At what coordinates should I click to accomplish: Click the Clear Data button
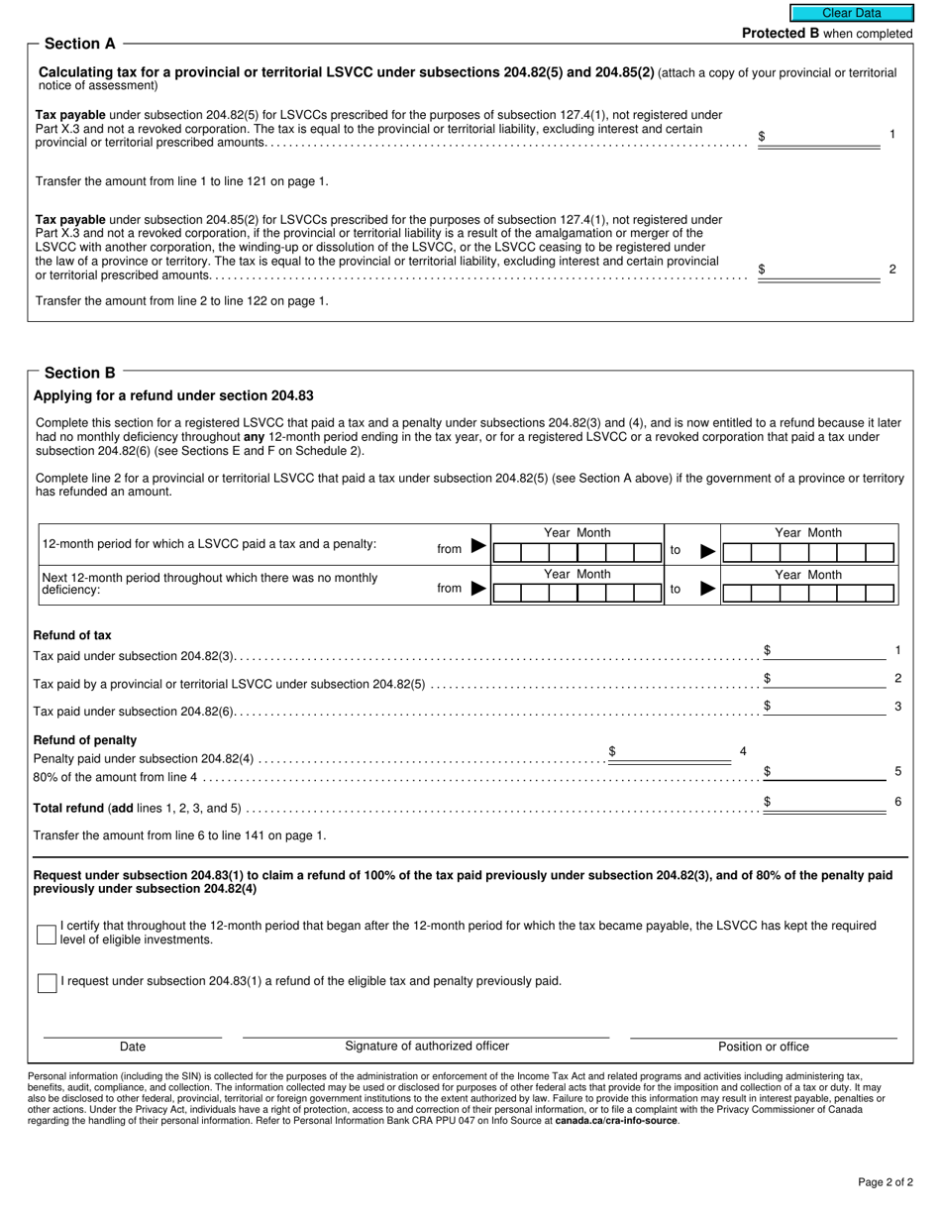point(851,13)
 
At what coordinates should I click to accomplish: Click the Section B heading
point(79,373)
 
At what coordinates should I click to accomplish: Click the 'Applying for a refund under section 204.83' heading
point(173,395)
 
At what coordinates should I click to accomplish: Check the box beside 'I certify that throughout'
point(47,935)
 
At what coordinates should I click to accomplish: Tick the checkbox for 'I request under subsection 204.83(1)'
point(47,983)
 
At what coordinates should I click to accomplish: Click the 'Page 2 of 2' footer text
point(885,1182)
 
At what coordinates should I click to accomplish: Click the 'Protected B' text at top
point(781,34)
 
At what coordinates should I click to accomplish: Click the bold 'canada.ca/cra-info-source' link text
point(616,1121)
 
